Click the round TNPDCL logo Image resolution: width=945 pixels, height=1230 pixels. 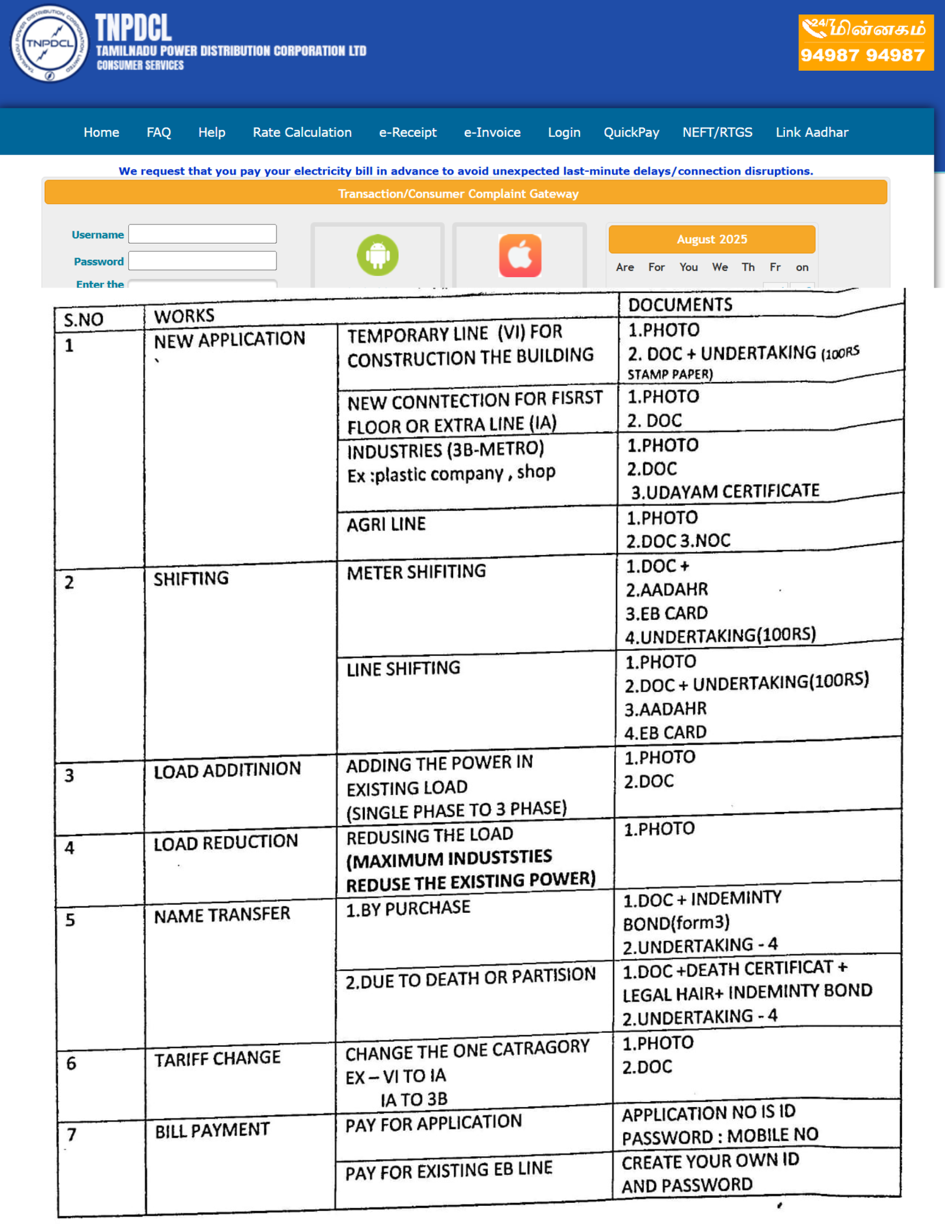tap(50, 44)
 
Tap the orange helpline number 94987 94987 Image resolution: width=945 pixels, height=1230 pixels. tap(862, 56)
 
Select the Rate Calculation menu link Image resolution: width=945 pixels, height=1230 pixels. tap(302, 132)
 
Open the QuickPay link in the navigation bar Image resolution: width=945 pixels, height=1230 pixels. tap(631, 132)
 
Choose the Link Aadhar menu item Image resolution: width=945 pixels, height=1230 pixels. tap(812, 132)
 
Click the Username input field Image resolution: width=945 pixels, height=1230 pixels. tap(203, 234)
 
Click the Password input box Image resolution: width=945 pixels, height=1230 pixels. tap(203, 260)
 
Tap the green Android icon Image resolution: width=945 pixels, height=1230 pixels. tap(377, 255)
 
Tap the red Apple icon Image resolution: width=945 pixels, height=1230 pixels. tap(520, 255)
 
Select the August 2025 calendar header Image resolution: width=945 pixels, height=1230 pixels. tap(712, 239)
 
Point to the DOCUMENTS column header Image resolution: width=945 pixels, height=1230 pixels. tap(680, 305)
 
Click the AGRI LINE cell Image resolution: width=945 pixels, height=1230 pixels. tap(386, 524)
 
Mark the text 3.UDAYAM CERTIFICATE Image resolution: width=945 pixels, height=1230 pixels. tap(725, 491)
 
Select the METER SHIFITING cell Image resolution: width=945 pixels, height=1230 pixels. tap(416, 572)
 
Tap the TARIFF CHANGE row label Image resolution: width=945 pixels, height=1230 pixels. tap(217, 1058)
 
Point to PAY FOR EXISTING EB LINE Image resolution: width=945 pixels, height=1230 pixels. tap(449, 1170)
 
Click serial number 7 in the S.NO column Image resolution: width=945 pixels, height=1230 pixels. tap(71, 1134)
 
